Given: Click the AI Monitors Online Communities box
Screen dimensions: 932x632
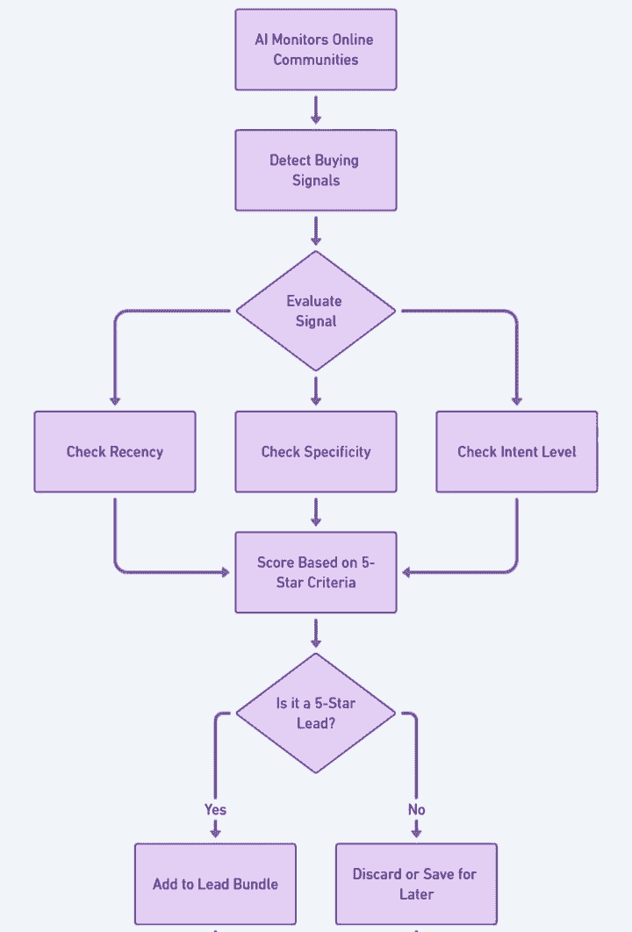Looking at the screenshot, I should point(316,49).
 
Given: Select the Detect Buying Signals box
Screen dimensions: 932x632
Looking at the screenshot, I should point(316,170).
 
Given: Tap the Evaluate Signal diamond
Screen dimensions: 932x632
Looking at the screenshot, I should point(316,311).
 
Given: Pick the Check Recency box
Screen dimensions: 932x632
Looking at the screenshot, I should point(115,452).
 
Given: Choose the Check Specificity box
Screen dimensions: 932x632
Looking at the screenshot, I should point(316,452).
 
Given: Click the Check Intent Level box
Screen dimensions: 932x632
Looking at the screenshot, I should point(517,452).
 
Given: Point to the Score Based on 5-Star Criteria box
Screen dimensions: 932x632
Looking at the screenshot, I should point(316,572).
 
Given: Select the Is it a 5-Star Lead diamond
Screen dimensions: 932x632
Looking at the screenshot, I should point(316,713).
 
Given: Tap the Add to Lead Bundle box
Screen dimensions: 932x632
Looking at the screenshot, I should point(215,884).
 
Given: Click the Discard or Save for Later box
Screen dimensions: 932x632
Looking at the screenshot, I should point(416,884).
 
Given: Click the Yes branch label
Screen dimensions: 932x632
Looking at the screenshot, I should point(215,809).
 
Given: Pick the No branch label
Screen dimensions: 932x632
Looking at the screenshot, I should point(416,809).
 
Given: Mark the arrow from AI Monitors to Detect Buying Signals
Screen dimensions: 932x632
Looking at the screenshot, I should point(316,109).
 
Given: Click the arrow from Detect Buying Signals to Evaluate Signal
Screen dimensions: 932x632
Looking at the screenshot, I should point(316,230).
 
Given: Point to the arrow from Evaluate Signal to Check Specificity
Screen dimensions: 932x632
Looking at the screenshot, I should point(316,391).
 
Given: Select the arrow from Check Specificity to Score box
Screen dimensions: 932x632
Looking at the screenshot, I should point(316,512).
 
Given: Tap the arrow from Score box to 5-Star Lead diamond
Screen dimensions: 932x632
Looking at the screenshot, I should point(316,632).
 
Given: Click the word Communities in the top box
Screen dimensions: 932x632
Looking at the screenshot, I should point(316,60).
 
